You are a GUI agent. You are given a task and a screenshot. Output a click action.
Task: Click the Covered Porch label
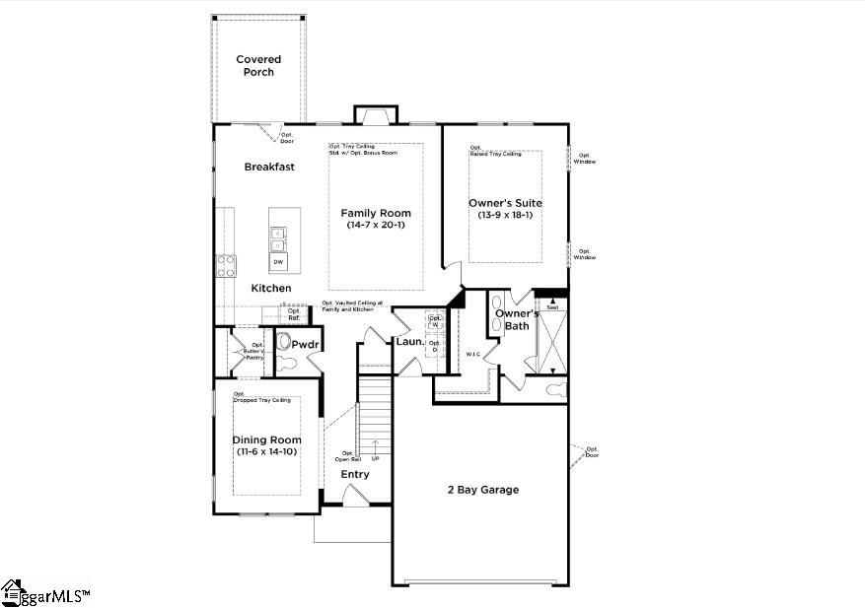(x=258, y=66)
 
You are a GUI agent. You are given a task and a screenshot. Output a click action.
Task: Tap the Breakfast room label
(x=269, y=168)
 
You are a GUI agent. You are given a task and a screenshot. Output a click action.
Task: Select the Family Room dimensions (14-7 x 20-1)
(x=376, y=226)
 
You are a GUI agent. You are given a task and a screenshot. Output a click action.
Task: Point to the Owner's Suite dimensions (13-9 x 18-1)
(x=505, y=215)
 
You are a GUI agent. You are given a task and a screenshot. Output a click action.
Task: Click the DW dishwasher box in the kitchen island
(x=278, y=262)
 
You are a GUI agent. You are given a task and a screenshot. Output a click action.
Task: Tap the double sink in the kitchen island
(x=278, y=239)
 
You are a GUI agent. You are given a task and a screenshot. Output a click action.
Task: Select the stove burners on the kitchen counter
(x=226, y=264)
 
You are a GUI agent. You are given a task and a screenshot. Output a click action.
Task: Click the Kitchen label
(x=270, y=288)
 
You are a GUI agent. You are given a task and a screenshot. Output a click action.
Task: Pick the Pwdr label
(x=304, y=345)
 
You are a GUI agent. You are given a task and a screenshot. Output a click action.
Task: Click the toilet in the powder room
(x=285, y=342)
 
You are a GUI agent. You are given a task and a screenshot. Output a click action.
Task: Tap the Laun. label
(x=409, y=342)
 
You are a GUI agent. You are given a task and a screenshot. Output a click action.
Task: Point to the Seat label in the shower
(x=552, y=307)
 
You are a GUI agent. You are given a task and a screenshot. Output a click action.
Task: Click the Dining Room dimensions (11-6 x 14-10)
(x=266, y=451)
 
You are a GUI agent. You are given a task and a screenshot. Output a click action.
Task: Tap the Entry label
(x=355, y=475)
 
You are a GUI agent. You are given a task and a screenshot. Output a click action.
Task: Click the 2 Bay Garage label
(x=482, y=490)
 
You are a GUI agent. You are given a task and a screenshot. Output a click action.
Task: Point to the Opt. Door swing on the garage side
(x=582, y=454)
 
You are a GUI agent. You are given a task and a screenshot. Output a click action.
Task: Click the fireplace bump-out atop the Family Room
(x=376, y=114)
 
